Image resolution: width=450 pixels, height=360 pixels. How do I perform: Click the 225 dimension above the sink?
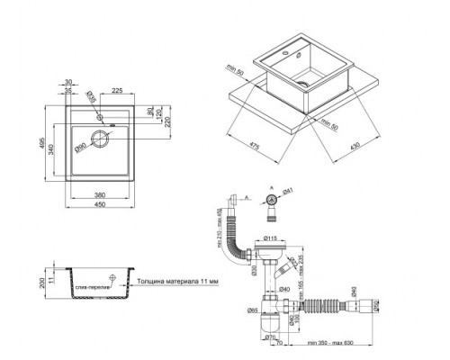pos(115,90)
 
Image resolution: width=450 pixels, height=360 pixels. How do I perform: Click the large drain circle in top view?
pos(102,141)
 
